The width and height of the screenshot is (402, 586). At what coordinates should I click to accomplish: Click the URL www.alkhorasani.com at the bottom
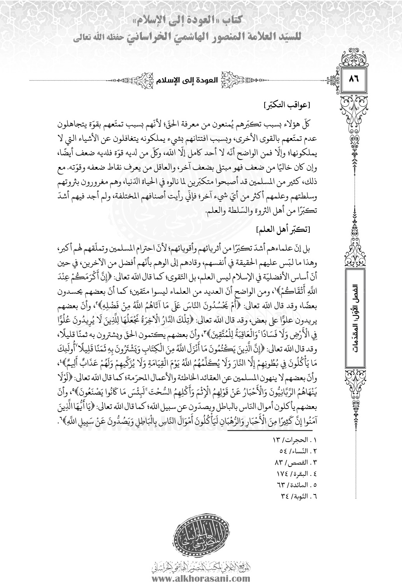tap(201, 579)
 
